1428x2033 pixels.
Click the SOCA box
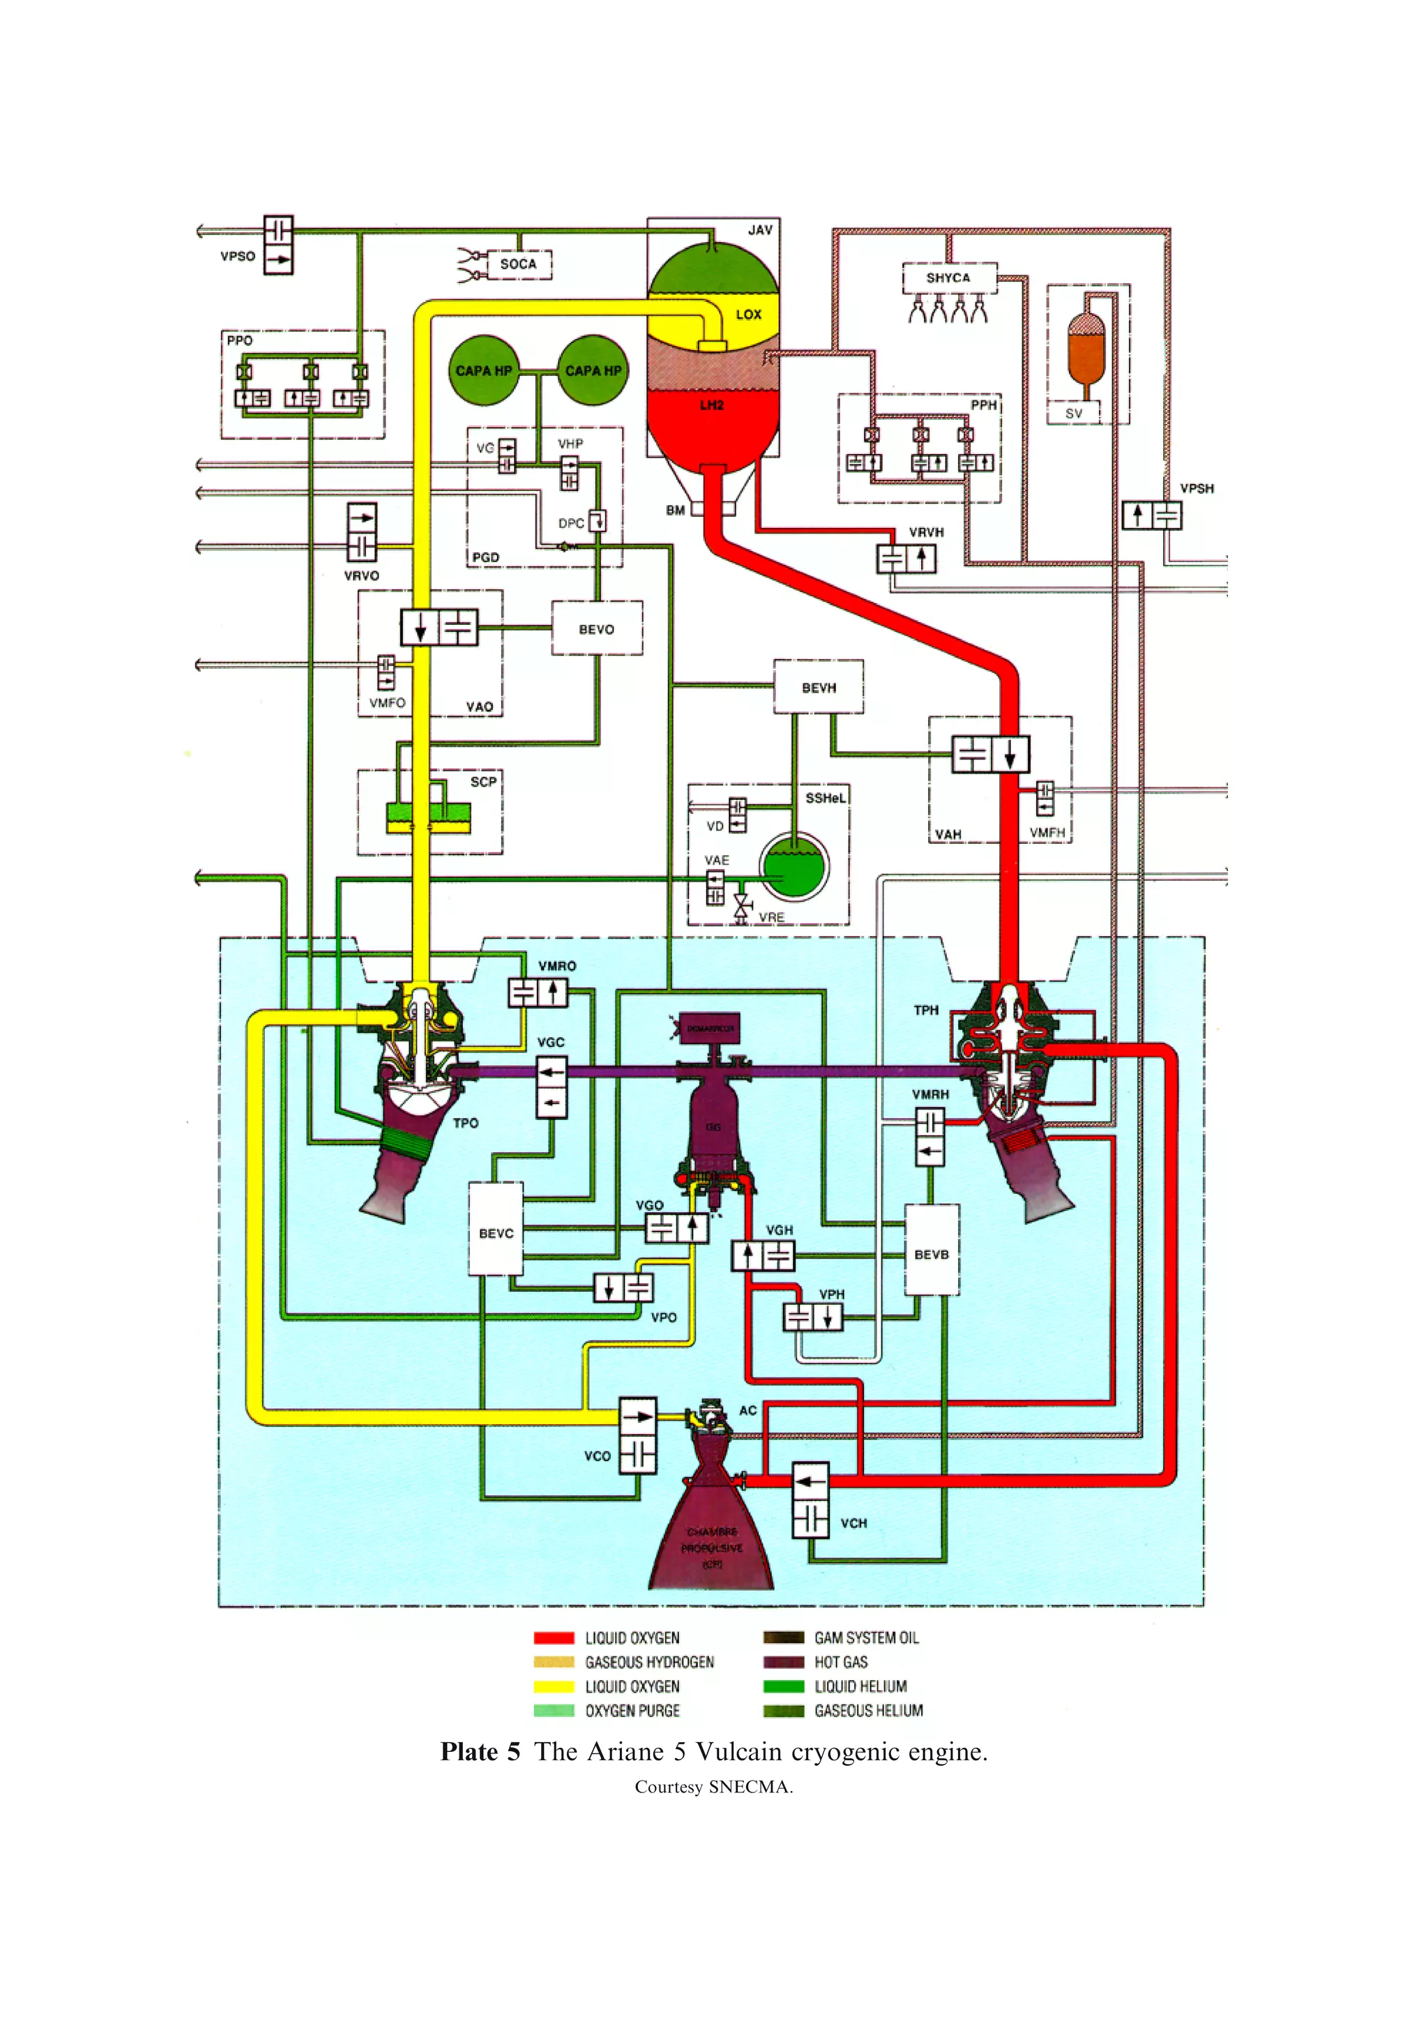(x=519, y=264)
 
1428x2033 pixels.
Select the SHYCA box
(x=949, y=278)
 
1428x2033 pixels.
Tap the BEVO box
(x=597, y=628)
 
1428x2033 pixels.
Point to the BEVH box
(x=818, y=687)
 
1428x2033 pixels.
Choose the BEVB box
(x=932, y=1254)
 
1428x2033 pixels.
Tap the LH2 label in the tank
(x=712, y=405)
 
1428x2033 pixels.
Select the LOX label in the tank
(x=748, y=315)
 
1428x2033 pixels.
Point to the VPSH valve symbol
(x=1152, y=515)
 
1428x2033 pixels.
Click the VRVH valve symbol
(x=906, y=559)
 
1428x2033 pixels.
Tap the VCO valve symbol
(x=637, y=1435)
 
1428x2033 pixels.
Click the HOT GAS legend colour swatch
(x=784, y=1662)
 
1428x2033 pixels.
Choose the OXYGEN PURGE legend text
(x=632, y=1711)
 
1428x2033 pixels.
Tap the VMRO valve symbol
(x=538, y=992)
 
